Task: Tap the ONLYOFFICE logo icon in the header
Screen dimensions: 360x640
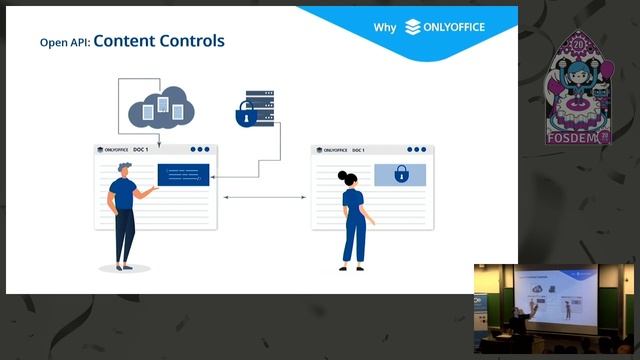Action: click(x=413, y=27)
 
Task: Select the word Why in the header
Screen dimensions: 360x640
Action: click(x=385, y=28)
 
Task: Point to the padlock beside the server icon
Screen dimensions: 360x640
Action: click(x=243, y=117)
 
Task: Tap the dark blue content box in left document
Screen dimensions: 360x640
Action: click(x=183, y=175)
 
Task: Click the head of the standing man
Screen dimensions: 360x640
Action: click(x=123, y=171)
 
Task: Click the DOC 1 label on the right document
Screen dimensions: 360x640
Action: click(x=356, y=150)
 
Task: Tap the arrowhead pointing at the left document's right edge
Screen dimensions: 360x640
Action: click(x=216, y=177)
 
